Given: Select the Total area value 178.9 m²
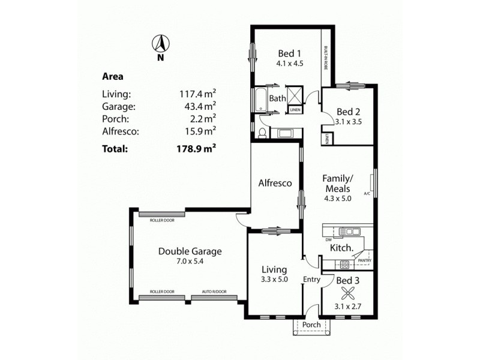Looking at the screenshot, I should click(195, 148).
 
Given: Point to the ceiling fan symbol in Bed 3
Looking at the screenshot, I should click(347, 295).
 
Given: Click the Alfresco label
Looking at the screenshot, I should click(275, 183).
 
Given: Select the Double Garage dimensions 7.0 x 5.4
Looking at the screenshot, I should click(190, 262).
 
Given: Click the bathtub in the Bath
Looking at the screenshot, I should click(260, 100).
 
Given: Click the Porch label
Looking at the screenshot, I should click(311, 325).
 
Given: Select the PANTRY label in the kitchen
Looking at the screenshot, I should click(364, 260).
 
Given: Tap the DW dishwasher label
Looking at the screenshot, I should click(329, 239).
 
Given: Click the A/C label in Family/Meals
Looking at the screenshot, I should click(367, 194).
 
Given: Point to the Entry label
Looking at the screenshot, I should click(311, 279).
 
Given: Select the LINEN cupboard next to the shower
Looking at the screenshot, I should click(295, 110).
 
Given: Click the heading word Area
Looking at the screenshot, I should click(113, 76).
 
